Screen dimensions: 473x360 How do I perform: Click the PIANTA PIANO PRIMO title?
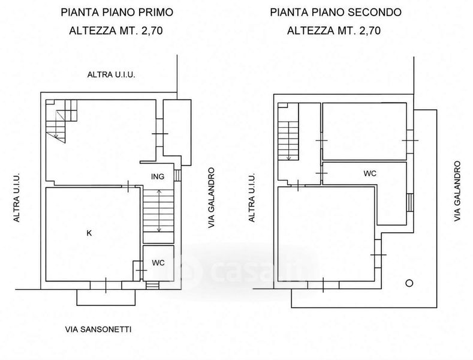tap(117, 13)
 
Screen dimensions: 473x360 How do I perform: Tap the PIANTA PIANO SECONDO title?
tap(336, 13)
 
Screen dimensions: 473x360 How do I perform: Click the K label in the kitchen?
tap(89, 233)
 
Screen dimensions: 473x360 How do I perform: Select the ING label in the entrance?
tap(158, 176)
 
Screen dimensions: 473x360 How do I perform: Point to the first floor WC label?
tap(158, 263)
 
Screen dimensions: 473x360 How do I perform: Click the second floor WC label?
tap(370, 173)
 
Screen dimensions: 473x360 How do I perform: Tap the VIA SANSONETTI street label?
tap(98, 329)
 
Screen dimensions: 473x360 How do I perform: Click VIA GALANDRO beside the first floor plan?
tap(212, 198)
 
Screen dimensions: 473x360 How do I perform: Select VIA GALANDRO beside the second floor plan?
tap(457, 191)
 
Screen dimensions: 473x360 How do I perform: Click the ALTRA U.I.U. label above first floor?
tap(111, 74)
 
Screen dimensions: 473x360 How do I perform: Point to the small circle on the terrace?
tap(409, 283)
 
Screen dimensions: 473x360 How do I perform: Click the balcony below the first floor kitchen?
tap(106, 298)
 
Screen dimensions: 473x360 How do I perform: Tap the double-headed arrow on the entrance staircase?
tap(159, 211)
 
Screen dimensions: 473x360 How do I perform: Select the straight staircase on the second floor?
tap(288, 141)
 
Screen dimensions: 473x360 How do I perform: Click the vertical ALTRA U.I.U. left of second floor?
tap(252, 197)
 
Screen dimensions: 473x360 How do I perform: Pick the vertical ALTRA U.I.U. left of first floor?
tap(17, 197)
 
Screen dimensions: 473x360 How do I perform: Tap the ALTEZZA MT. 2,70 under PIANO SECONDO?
tap(334, 31)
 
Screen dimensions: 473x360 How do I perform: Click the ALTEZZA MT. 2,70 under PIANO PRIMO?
tap(116, 31)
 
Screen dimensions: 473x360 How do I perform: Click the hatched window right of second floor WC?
tap(409, 202)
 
